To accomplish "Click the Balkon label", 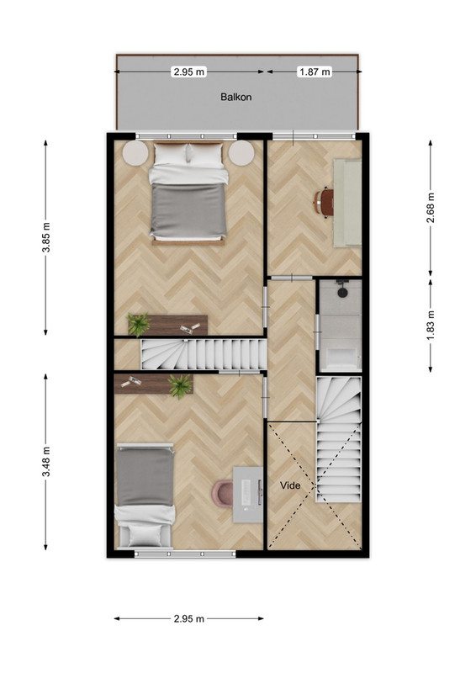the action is tap(235, 97).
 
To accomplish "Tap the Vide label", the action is tap(290, 485).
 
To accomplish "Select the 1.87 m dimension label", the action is tap(315, 72).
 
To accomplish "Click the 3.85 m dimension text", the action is tap(46, 237).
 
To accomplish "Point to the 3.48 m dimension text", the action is tap(46, 461).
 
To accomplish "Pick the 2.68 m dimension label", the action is tap(431, 208).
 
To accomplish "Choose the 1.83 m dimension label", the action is tap(431, 325).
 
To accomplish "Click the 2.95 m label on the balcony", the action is tap(189, 72).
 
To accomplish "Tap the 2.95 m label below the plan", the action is tap(189, 618).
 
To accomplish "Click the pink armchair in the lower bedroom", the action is tap(223, 493).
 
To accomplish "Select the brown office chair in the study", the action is tap(324, 202).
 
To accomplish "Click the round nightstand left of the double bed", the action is tap(135, 153).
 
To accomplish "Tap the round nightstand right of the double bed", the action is tap(241, 153).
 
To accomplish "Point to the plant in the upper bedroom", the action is tap(138, 325).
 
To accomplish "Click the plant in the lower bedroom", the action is tap(180, 386).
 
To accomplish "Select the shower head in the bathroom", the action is tap(342, 289).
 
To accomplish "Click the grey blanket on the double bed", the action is tap(188, 209).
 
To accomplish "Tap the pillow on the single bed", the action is tap(145, 535).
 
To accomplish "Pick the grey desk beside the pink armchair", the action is tap(248, 495).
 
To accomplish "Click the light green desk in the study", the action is tap(347, 203).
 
